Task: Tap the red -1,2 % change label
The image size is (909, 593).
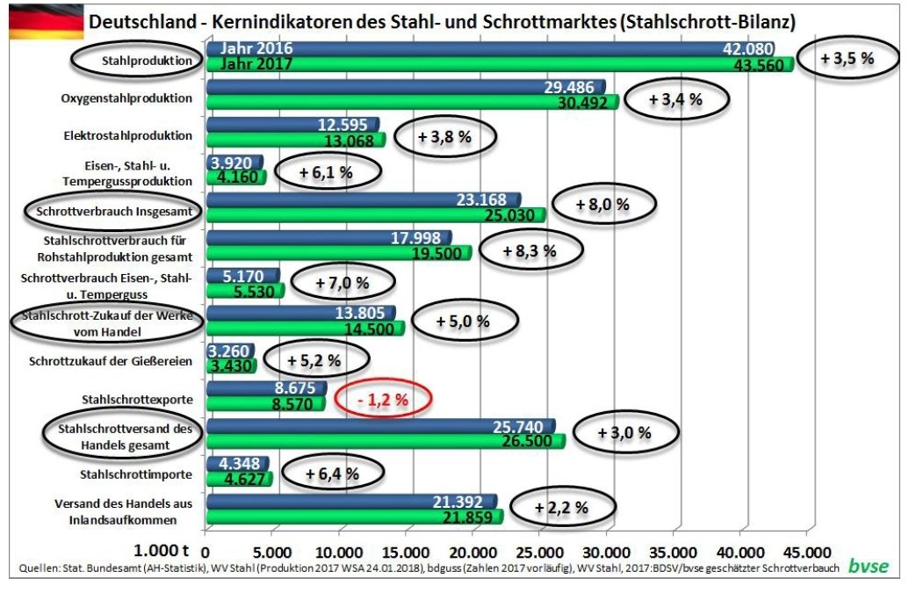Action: click(383, 399)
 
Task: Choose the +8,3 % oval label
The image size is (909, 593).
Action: click(530, 250)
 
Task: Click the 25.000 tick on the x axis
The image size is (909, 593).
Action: click(538, 553)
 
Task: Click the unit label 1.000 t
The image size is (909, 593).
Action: click(162, 553)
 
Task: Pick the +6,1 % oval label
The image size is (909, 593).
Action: click(327, 172)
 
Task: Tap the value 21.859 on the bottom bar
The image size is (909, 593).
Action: click(467, 518)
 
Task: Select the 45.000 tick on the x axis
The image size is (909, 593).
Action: click(805, 553)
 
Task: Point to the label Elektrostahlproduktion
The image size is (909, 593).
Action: click(127, 136)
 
